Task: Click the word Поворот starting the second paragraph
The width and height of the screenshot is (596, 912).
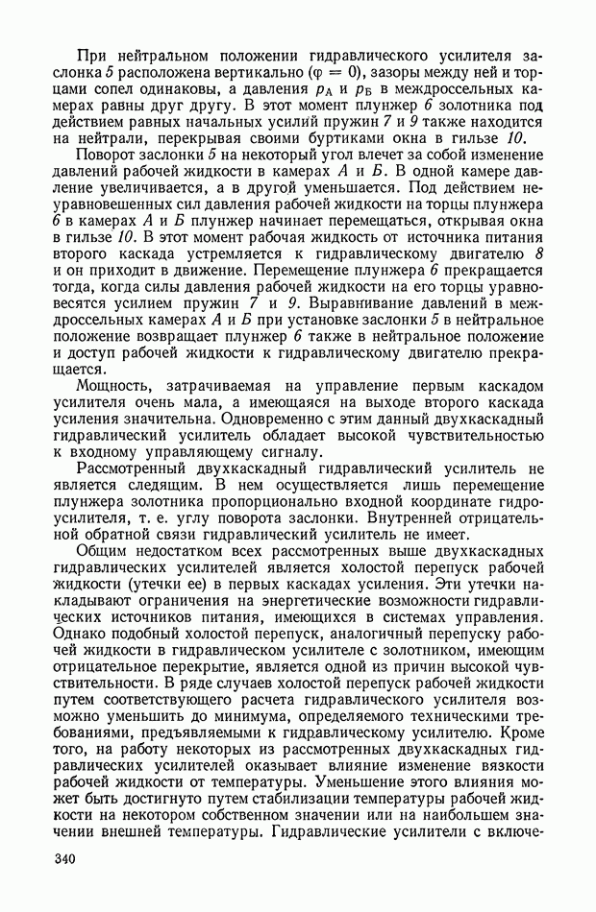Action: click(105, 156)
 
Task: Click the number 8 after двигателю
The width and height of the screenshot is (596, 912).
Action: click(537, 252)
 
